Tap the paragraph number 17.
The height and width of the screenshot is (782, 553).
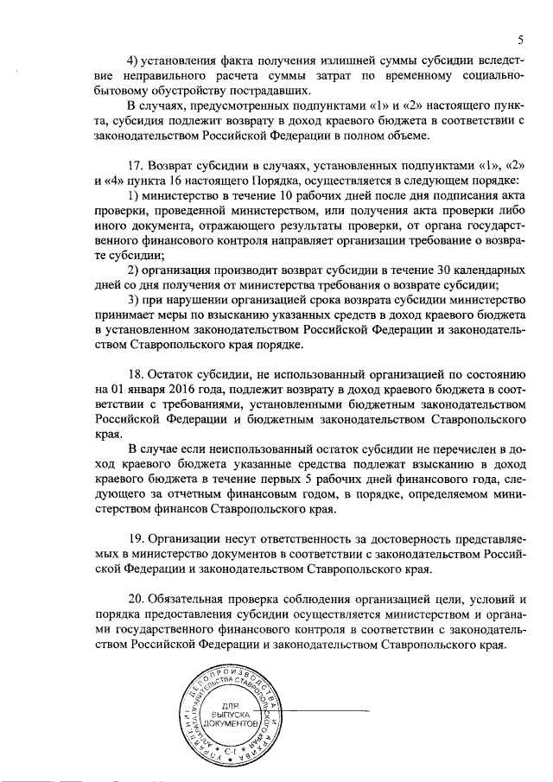135,164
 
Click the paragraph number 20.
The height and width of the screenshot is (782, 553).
136,601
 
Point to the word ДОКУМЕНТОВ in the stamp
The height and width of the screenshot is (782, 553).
233,727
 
